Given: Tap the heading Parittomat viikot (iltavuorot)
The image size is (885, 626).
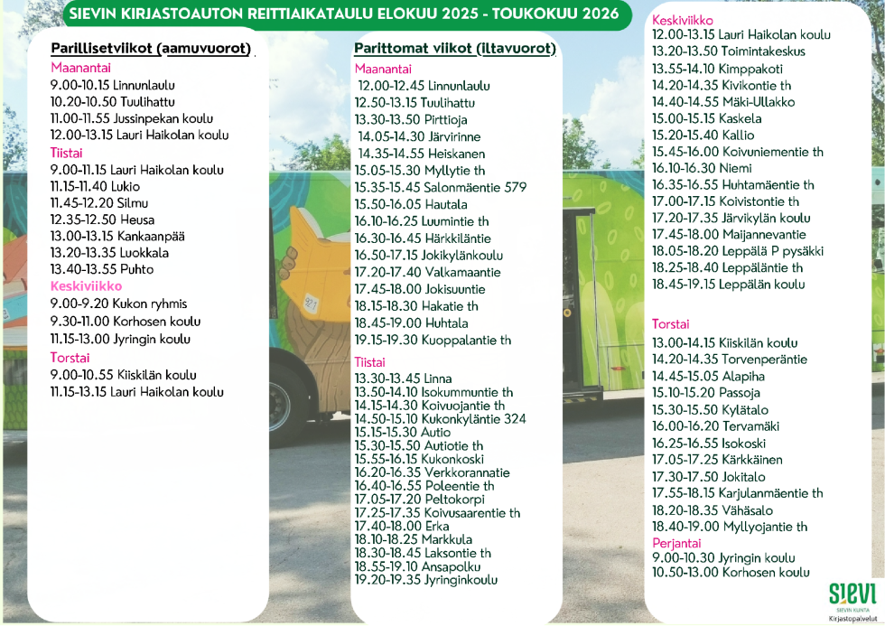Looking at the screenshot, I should coord(454,48).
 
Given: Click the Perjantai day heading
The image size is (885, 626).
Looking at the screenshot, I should coord(676,543).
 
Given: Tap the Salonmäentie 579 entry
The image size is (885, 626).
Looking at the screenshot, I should coord(441,188).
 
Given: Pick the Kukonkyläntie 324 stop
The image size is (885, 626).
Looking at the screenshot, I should coord(440,419).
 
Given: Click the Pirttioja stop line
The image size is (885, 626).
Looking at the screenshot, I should coord(410,119).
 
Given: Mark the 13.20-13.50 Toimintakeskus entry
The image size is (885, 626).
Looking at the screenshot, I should coord(729,51).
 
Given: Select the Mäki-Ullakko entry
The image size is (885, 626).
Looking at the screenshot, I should coord(723,101).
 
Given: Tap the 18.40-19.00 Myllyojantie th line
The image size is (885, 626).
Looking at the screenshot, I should coord(730,527).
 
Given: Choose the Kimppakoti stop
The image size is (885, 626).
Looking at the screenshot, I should coord(718,68).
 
